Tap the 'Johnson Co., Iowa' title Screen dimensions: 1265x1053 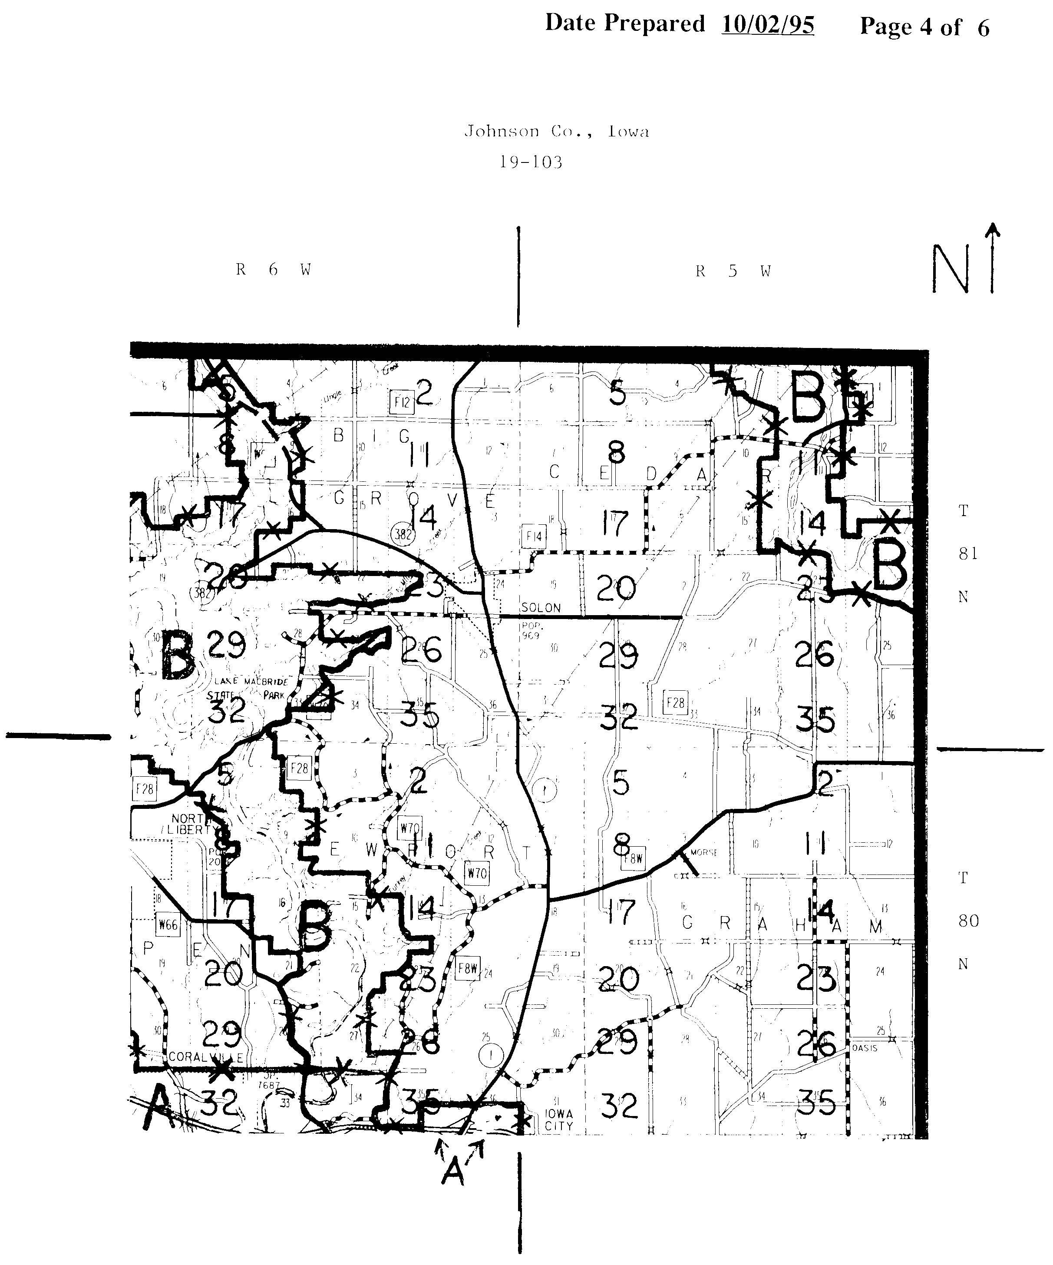(556, 131)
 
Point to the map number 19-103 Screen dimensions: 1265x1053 (531, 162)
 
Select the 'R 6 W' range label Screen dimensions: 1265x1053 (274, 269)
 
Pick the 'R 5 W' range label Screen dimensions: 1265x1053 (733, 271)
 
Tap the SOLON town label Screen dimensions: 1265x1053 (541, 608)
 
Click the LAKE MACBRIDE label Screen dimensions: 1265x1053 (252, 681)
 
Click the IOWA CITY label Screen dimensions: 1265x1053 (559, 1120)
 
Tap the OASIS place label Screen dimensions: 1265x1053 (865, 1048)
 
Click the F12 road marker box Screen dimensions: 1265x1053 (402, 402)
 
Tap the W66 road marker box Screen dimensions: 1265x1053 (168, 924)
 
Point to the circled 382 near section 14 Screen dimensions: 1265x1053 (402, 533)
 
